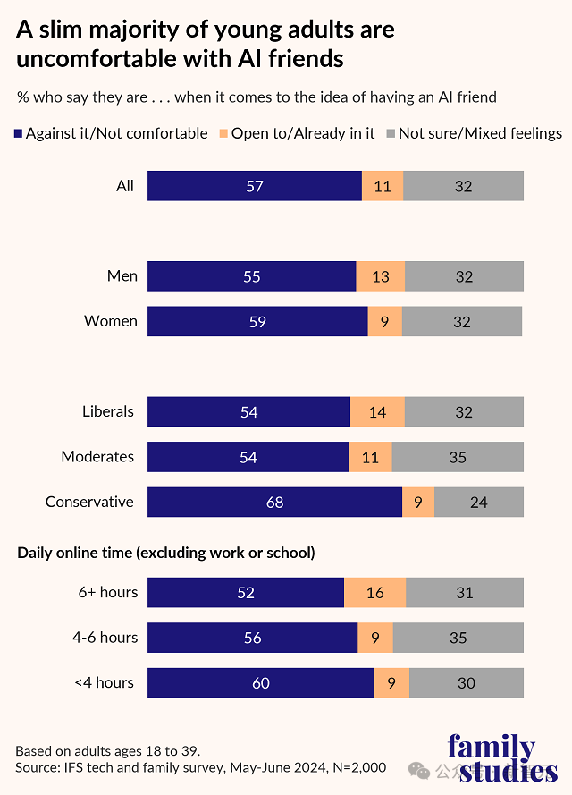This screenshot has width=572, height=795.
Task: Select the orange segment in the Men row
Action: [x=381, y=276]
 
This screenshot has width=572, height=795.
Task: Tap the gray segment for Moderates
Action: [x=458, y=457]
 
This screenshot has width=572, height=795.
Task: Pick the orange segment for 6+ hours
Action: [x=375, y=592]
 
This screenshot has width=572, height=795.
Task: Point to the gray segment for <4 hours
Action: [x=467, y=682]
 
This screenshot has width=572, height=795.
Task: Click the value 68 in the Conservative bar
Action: [x=274, y=502]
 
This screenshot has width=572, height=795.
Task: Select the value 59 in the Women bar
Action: [x=257, y=321]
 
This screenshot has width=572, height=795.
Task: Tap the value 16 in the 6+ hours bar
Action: [x=375, y=592]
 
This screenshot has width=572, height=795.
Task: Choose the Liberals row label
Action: [x=108, y=411]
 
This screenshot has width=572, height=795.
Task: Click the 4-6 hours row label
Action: [x=106, y=637]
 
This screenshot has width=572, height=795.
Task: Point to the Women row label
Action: [x=111, y=321]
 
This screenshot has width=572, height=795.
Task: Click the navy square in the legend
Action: [x=19, y=134]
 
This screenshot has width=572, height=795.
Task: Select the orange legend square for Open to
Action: [x=223, y=134]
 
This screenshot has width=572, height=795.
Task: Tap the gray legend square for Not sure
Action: [x=391, y=134]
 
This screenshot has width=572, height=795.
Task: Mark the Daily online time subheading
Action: [x=166, y=553]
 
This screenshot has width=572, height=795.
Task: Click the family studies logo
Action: [x=503, y=758]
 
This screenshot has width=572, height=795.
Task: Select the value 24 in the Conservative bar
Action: [x=479, y=502]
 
